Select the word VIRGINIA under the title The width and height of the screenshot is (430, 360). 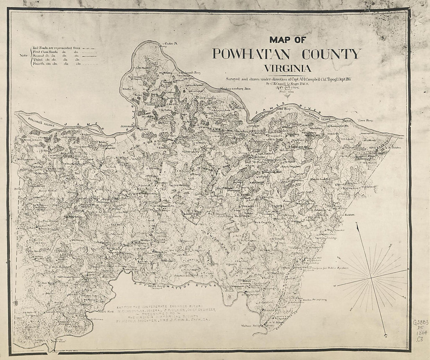287,68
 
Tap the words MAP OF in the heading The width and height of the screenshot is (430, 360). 287,39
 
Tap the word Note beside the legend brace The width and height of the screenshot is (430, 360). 24,55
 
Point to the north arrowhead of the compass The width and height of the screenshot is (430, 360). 357,224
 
